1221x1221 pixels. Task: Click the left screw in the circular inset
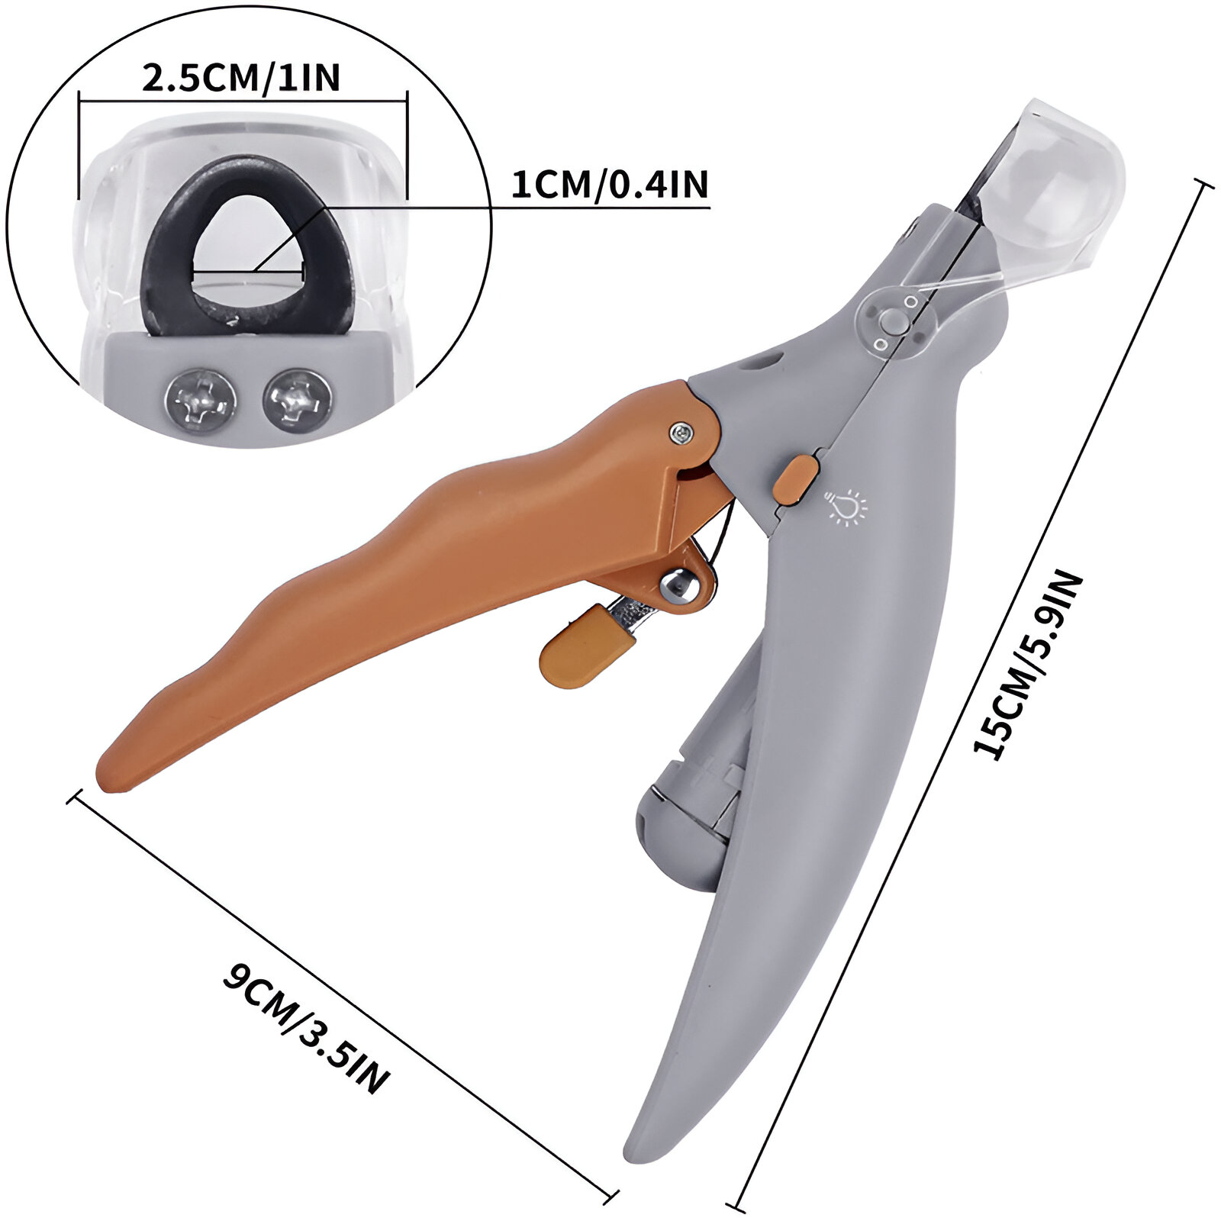coord(201,398)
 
